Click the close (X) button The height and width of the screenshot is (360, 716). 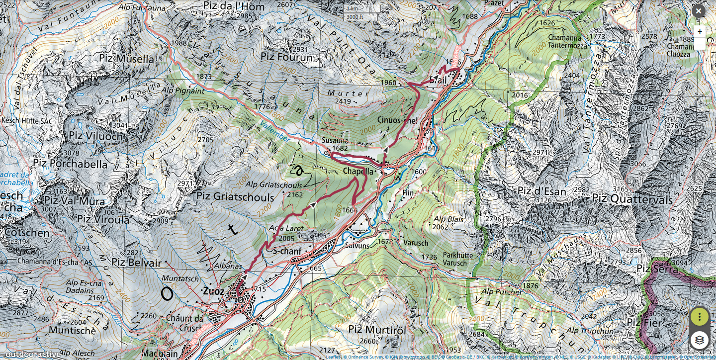(x=699, y=11)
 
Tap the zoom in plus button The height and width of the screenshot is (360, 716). (x=700, y=31)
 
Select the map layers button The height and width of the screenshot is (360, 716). (x=700, y=340)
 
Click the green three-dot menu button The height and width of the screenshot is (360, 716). (x=700, y=316)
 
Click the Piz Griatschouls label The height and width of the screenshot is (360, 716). (x=235, y=197)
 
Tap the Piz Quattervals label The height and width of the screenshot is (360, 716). (x=632, y=199)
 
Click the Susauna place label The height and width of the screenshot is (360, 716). (x=335, y=141)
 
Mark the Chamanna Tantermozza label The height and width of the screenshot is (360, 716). (x=568, y=41)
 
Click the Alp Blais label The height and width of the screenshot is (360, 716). (x=448, y=219)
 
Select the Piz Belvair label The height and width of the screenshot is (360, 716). (x=136, y=263)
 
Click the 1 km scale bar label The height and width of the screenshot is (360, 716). (x=352, y=8)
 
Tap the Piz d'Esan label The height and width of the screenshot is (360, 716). (x=541, y=191)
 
